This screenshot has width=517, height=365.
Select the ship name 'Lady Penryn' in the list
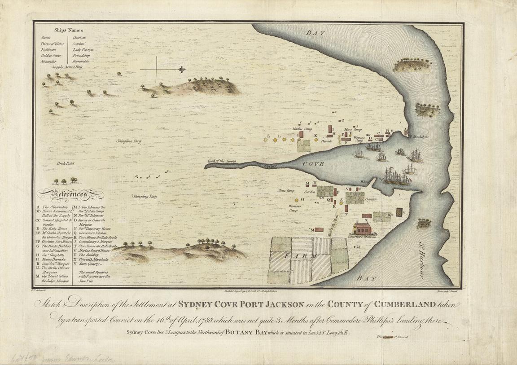83,50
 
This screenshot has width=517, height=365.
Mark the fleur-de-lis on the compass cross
181,70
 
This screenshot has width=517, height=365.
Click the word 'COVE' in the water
315,165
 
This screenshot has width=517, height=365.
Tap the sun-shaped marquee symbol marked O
296,199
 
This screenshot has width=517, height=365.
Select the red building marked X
366,215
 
